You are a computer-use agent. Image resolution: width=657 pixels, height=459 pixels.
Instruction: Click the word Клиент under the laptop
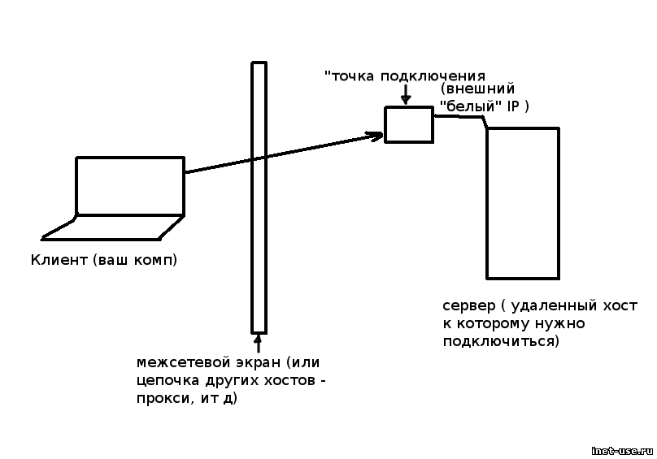[x=58, y=261]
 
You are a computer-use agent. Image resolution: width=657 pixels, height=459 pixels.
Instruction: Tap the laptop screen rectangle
[x=130, y=186]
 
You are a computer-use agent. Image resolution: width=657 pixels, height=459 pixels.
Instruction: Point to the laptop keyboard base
[x=114, y=228]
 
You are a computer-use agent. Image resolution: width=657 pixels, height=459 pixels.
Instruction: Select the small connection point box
[x=408, y=124]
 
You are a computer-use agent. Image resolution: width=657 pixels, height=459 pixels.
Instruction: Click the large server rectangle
[x=522, y=203]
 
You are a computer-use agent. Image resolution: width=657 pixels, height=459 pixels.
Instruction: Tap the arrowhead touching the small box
[x=376, y=136]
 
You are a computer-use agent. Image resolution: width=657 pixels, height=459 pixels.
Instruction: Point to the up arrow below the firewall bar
[x=259, y=342]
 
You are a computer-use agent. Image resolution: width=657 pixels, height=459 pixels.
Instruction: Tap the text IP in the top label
[x=512, y=106]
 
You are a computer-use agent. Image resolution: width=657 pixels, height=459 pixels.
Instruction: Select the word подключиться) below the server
[x=501, y=341]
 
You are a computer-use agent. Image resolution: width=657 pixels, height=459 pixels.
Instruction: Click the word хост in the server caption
[x=621, y=306]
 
